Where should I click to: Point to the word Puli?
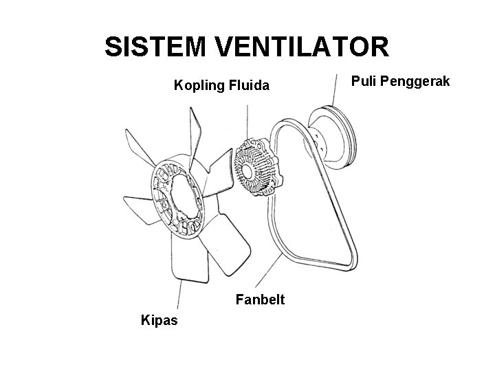[365, 82]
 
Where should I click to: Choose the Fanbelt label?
[261, 300]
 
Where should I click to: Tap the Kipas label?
[159, 319]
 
